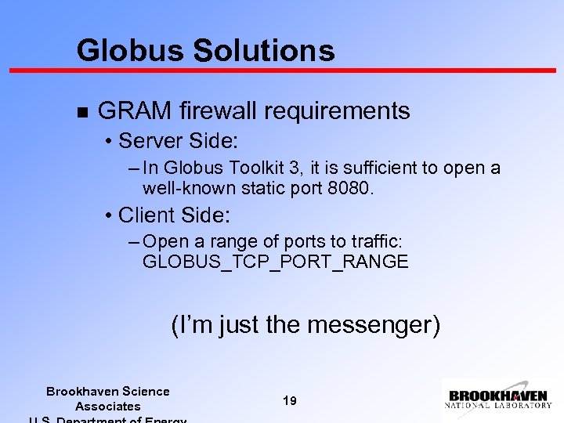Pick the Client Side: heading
click(x=175, y=215)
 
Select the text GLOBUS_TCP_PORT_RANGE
click(x=275, y=262)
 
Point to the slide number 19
click(x=289, y=401)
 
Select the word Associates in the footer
click(x=107, y=407)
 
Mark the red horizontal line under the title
click(x=282, y=70)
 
